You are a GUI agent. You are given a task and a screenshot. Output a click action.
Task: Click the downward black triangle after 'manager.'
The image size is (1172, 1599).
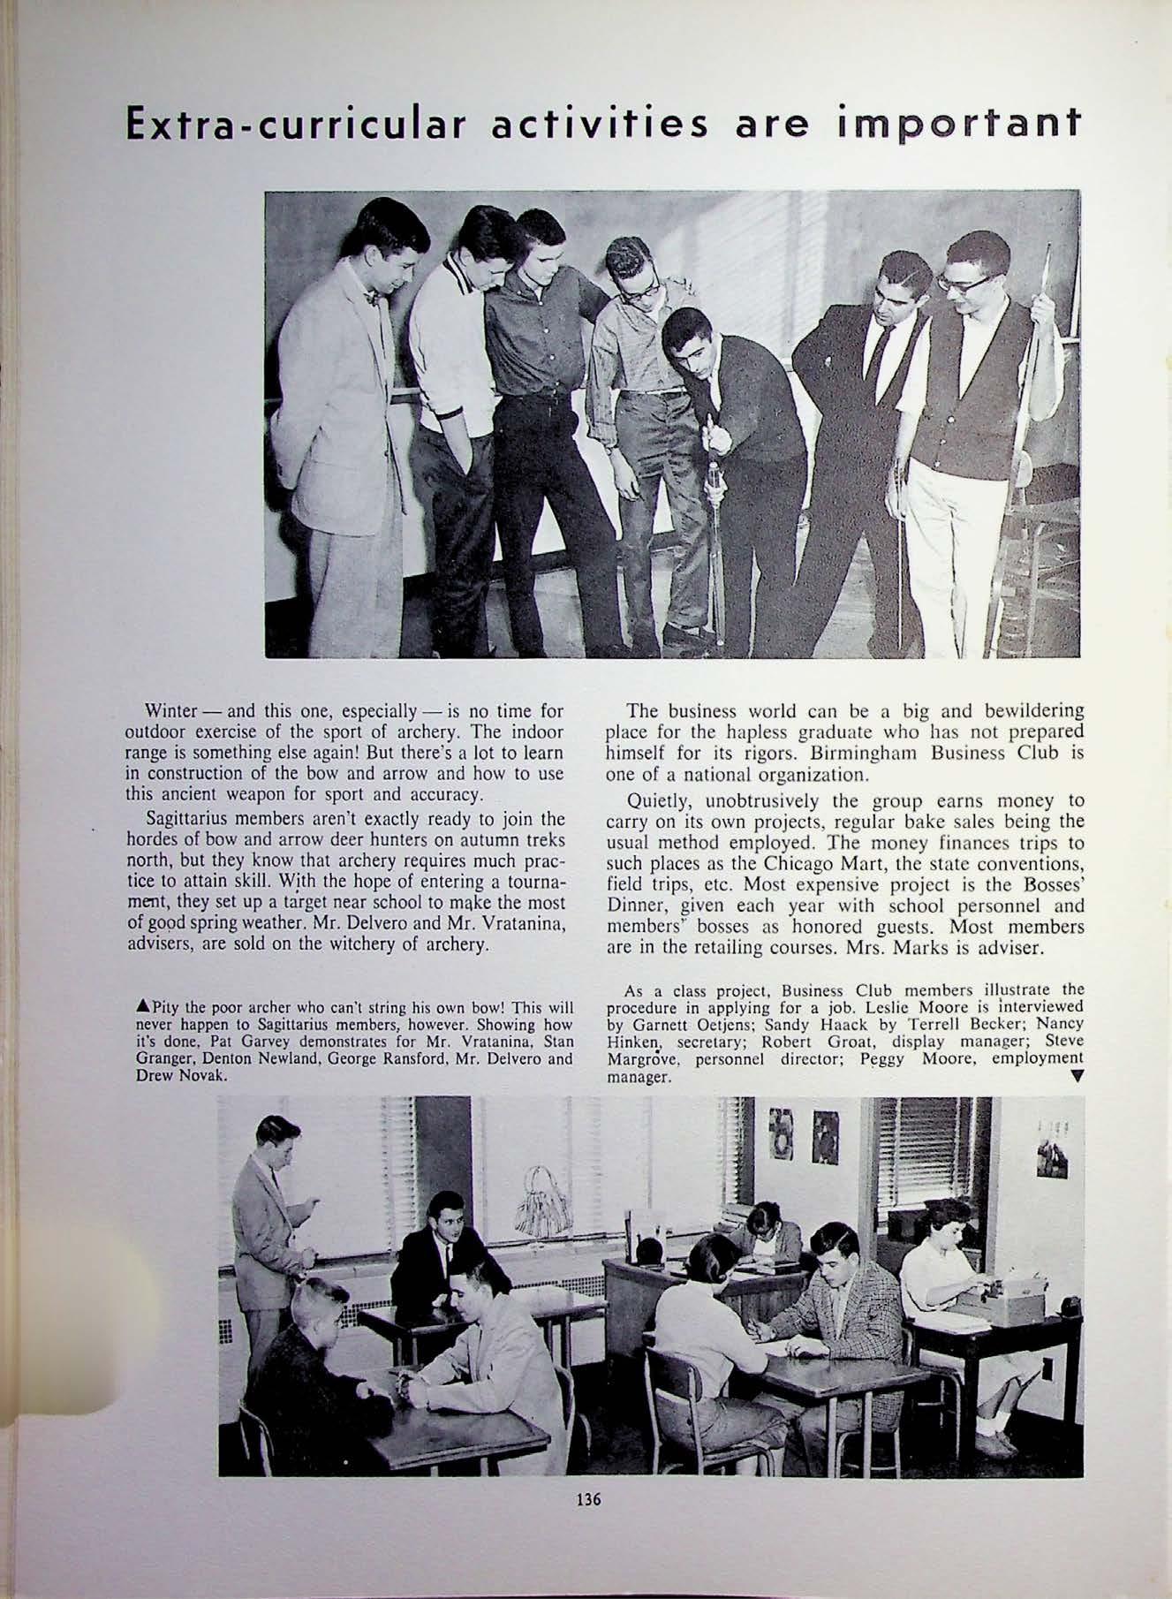(x=1075, y=1075)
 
